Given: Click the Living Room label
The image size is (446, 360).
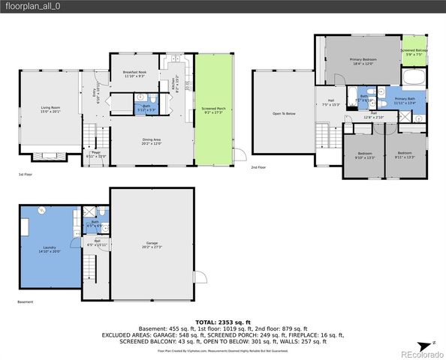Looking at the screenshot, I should pyautogui.click(x=50, y=109).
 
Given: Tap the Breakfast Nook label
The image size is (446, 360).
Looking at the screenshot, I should pyautogui.click(x=134, y=73).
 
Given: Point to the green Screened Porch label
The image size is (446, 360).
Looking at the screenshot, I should pyautogui.click(x=212, y=110).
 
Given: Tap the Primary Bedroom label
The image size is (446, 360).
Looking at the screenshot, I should pyautogui.click(x=363, y=61).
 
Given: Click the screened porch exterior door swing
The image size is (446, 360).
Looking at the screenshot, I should pyautogui.click(x=240, y=156).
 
